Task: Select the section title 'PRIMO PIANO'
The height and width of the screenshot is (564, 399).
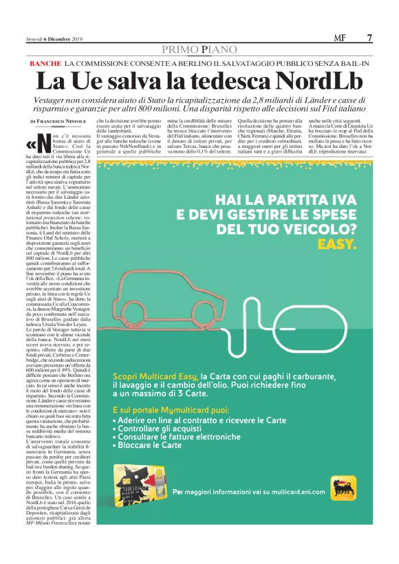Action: coord(199,50)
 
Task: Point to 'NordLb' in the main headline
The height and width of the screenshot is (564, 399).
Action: coord(312,80)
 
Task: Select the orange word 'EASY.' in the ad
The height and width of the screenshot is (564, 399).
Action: coord(337,244)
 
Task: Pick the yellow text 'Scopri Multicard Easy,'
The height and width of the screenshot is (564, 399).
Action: coord(155,377)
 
